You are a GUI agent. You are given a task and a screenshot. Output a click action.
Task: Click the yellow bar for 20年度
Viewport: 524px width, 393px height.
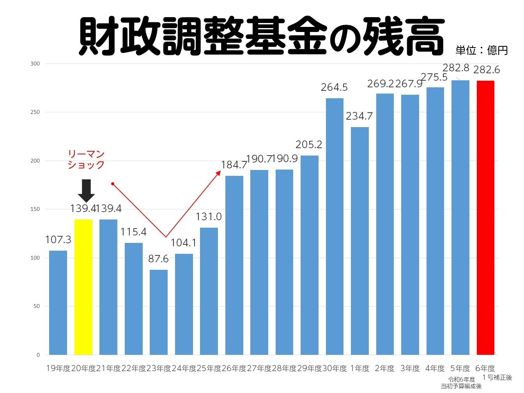click(83, 287)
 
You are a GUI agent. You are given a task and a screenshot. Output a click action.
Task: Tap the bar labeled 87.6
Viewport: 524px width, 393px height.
click(159, 312)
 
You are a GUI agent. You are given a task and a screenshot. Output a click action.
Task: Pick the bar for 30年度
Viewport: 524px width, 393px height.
click(335, 226)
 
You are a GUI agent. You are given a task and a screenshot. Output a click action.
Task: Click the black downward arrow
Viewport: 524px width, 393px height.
click(86, 190)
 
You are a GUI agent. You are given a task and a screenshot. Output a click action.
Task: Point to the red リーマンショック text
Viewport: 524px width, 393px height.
click(86, 159)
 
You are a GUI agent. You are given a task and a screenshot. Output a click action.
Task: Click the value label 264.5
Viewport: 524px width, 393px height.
click(334, 87)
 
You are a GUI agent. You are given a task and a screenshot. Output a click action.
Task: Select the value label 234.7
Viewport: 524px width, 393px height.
click(359, 116)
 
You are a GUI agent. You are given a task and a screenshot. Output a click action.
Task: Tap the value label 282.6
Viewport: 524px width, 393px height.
click(487, 70)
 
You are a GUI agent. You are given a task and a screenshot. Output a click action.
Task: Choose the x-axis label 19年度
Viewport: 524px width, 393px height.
click(58, 368)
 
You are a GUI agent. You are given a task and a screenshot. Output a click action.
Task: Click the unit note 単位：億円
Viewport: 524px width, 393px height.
click(482, 50)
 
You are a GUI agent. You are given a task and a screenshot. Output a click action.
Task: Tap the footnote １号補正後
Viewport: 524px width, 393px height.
click(497, 377)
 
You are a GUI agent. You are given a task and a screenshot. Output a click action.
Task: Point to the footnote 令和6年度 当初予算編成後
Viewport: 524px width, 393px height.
click(461, 382)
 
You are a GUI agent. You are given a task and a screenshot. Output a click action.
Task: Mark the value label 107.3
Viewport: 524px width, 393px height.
click(58, 239)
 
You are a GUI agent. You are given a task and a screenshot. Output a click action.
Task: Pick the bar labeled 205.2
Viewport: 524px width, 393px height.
click(310, 255)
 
